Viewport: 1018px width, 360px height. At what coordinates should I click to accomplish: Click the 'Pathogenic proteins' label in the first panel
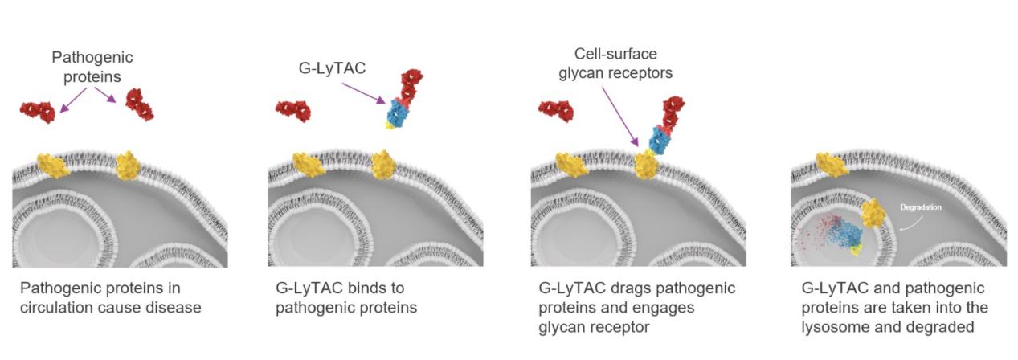click(x=92, y=67)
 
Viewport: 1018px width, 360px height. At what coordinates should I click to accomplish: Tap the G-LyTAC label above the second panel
click(x=332, y=68)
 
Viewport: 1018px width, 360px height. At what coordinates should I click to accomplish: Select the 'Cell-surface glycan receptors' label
click(x=615, y=63)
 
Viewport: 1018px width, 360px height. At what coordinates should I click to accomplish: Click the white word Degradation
click(x=921, y=207)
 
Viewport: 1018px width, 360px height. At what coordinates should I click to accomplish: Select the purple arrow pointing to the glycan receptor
click(x=621, y=117)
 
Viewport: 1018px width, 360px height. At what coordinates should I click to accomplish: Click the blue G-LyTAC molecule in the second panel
click(x=398, y=113)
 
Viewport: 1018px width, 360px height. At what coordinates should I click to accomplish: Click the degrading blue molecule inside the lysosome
click(x=844, y=234)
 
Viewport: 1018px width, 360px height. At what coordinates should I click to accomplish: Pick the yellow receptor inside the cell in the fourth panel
click(x=873, y=213)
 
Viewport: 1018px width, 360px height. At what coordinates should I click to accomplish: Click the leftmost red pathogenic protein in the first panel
click(x=38, y=112)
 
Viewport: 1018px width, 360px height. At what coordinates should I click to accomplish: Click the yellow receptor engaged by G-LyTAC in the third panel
click(x=646, y=165)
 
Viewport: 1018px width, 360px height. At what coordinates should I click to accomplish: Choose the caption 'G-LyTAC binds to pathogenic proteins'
click(x=346, y=298)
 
